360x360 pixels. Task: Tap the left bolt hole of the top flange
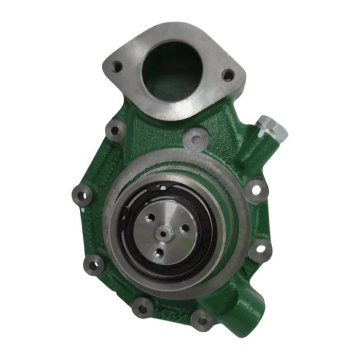pyautogui.click(x=117, y=67)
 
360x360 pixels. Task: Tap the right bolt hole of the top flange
pyautogui.click(x=228, y=75)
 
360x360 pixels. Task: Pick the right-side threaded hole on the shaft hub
pyautogui.click(x=184, y=228)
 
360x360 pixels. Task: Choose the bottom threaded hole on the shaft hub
pyautogui.click(x=159, y=252)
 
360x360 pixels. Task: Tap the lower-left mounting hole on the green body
pyautogui.click(x=93, y=265)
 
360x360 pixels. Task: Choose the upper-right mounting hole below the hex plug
pyautogui.click(x=256, y=190)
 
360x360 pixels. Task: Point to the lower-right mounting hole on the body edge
pyautogui.click(x=260, y=249)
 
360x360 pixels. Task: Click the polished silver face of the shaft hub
pyautogui.click(x=170, y=242)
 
